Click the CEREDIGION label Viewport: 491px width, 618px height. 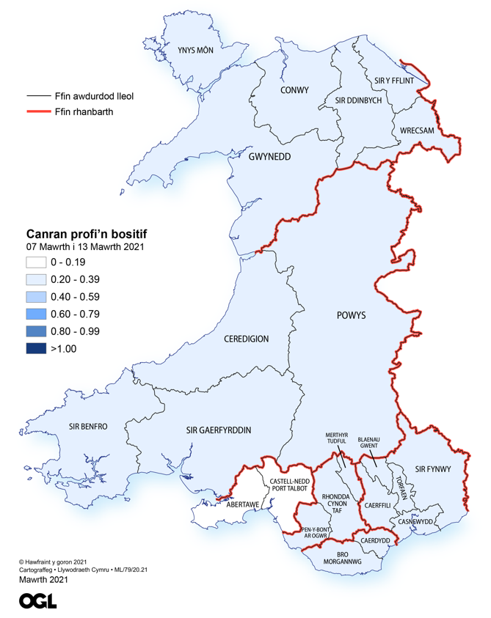[246, 339]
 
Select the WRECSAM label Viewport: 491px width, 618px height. [418, 130]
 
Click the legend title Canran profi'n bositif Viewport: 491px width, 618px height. [87, 232]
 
